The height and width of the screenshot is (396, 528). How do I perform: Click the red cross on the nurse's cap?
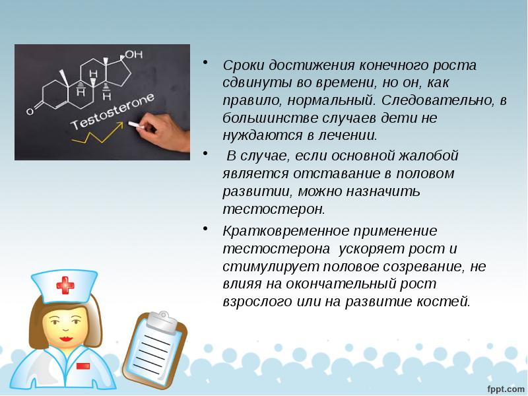point(65,285)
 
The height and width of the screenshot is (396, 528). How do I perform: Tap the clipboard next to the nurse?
point(158,350)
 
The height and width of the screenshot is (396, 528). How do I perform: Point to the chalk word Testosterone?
point(112,112)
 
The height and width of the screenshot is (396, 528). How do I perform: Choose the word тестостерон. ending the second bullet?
point(274,209)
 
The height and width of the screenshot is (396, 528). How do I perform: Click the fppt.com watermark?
point(505,385)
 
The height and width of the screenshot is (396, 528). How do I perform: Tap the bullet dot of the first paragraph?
point(206,64)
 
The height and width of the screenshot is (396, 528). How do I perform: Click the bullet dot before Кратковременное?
point(206,230)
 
